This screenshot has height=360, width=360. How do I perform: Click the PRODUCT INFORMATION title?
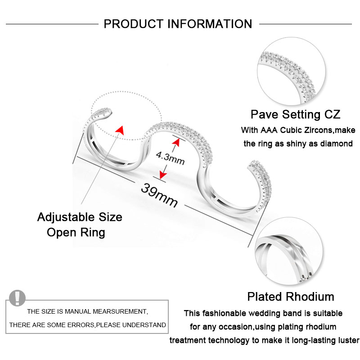click(x=178, y=24)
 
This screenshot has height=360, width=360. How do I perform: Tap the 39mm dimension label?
click(x=159, y=195)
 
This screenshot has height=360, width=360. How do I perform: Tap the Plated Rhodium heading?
click(x=290, y=297)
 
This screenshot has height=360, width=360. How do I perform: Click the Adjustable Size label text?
click(x=80, y=217)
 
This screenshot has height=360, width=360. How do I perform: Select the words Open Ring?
click(x=76, y=232)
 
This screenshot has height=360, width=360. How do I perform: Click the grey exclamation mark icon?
click(x=18, y=297)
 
